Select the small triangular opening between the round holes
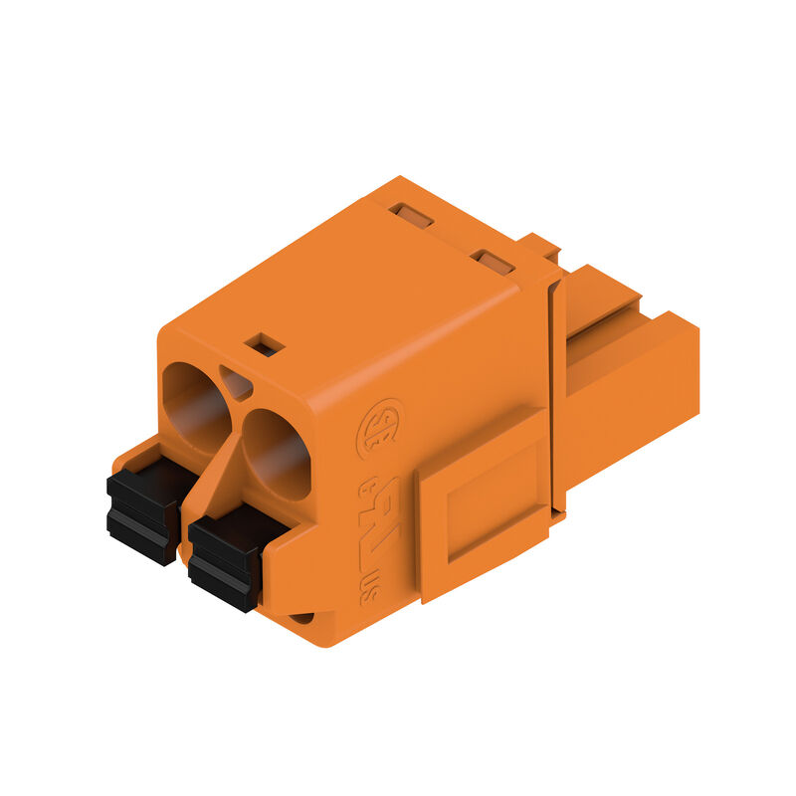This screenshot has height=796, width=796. click(235, 382)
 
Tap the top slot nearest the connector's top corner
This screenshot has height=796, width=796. click(410, 215)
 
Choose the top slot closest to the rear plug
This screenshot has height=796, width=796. click(493, 262)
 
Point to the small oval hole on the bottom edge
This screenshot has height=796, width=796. click(300, 618)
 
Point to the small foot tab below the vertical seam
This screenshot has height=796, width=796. click(557, 517)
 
